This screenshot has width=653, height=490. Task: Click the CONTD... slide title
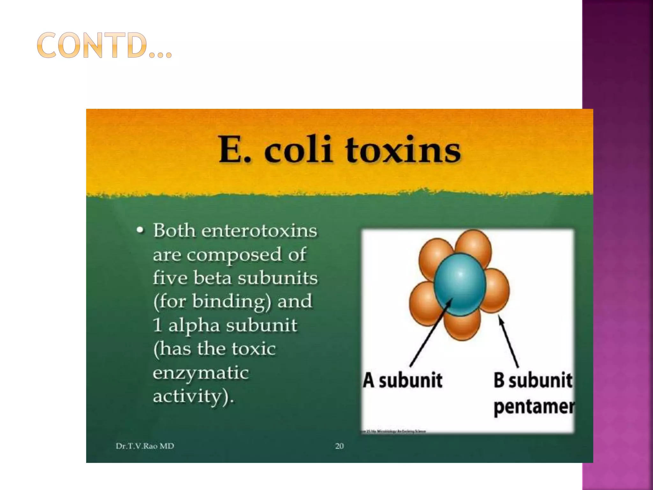pos(104,45)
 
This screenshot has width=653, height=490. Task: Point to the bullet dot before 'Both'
pos(140,230)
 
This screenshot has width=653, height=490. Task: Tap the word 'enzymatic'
pos(201,373)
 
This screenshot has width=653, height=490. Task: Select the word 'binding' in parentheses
pos(231,301)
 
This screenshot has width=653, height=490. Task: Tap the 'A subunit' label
pos(403,380)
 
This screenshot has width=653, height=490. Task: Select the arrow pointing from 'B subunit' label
pos(509,341)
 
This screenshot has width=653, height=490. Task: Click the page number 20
pos(339,446)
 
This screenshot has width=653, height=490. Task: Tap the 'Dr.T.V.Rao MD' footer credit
pos(145,446)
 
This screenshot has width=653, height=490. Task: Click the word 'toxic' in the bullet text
pos(253,348)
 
